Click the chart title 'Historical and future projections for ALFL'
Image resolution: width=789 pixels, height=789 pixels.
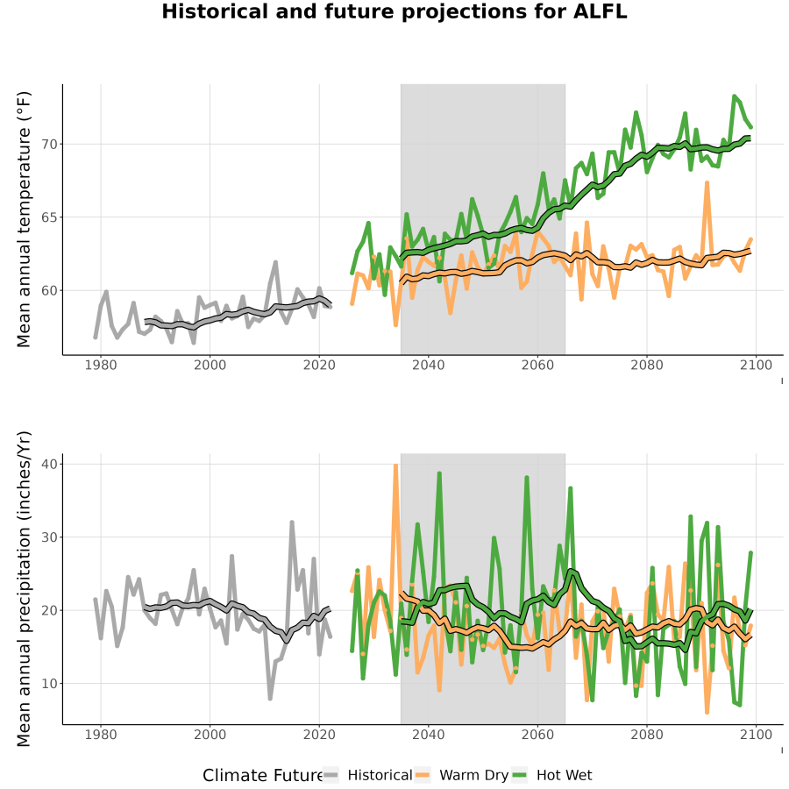(394, 11)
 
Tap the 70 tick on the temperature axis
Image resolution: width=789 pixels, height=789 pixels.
(49, 145)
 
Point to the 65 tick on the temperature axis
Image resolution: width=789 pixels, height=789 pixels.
(49, 217)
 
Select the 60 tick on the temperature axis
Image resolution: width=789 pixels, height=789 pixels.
(49, 291)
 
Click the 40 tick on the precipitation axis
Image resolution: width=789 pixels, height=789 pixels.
(49, 464)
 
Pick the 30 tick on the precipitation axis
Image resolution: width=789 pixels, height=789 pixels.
(49, 537)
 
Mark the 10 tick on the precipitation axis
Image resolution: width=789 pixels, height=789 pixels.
(49, 684)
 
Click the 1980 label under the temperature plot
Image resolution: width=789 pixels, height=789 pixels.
(101, 365)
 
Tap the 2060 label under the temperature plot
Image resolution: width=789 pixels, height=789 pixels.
(537, 365)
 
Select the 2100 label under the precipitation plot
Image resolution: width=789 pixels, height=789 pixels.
(756, 735)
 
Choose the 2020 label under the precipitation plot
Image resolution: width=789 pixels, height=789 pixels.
(319, 735)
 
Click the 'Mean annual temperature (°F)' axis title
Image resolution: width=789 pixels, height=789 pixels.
(24, 219)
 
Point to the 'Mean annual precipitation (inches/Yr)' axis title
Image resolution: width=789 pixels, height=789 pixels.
(24, 589)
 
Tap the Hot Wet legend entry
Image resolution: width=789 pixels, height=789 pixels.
(552, 776)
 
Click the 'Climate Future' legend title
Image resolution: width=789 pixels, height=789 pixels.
(263, 776)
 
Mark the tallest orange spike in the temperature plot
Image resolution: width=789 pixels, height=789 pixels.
(707, 183)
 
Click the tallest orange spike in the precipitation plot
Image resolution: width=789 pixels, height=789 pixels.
(395, 466)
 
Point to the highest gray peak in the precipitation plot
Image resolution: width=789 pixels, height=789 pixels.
(291, 522)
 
